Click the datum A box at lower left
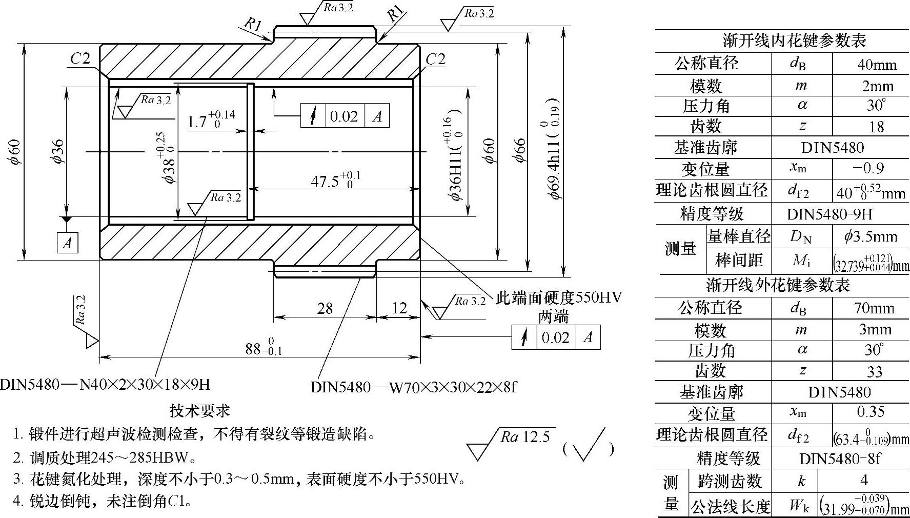click(x=67, y=243)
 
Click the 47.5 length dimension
click(x=335, y=181)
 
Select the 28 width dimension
click(x=325, y=308)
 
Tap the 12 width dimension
click(x=399, y=308)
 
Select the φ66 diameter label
click(x=519, y=150)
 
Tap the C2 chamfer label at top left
click(x=80, y=59)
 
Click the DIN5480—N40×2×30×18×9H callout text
click(x=105, y=384)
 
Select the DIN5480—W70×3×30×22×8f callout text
click(x=413, y=387)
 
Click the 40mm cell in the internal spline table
click(x=877, y=65)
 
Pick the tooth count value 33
click(x=874, y=371)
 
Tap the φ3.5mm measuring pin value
click(x=870, y=236)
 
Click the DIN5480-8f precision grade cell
click(x=839, y=457)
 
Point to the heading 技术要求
click(x=200, y=410)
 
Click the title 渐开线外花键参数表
click(x=778, y=285)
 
